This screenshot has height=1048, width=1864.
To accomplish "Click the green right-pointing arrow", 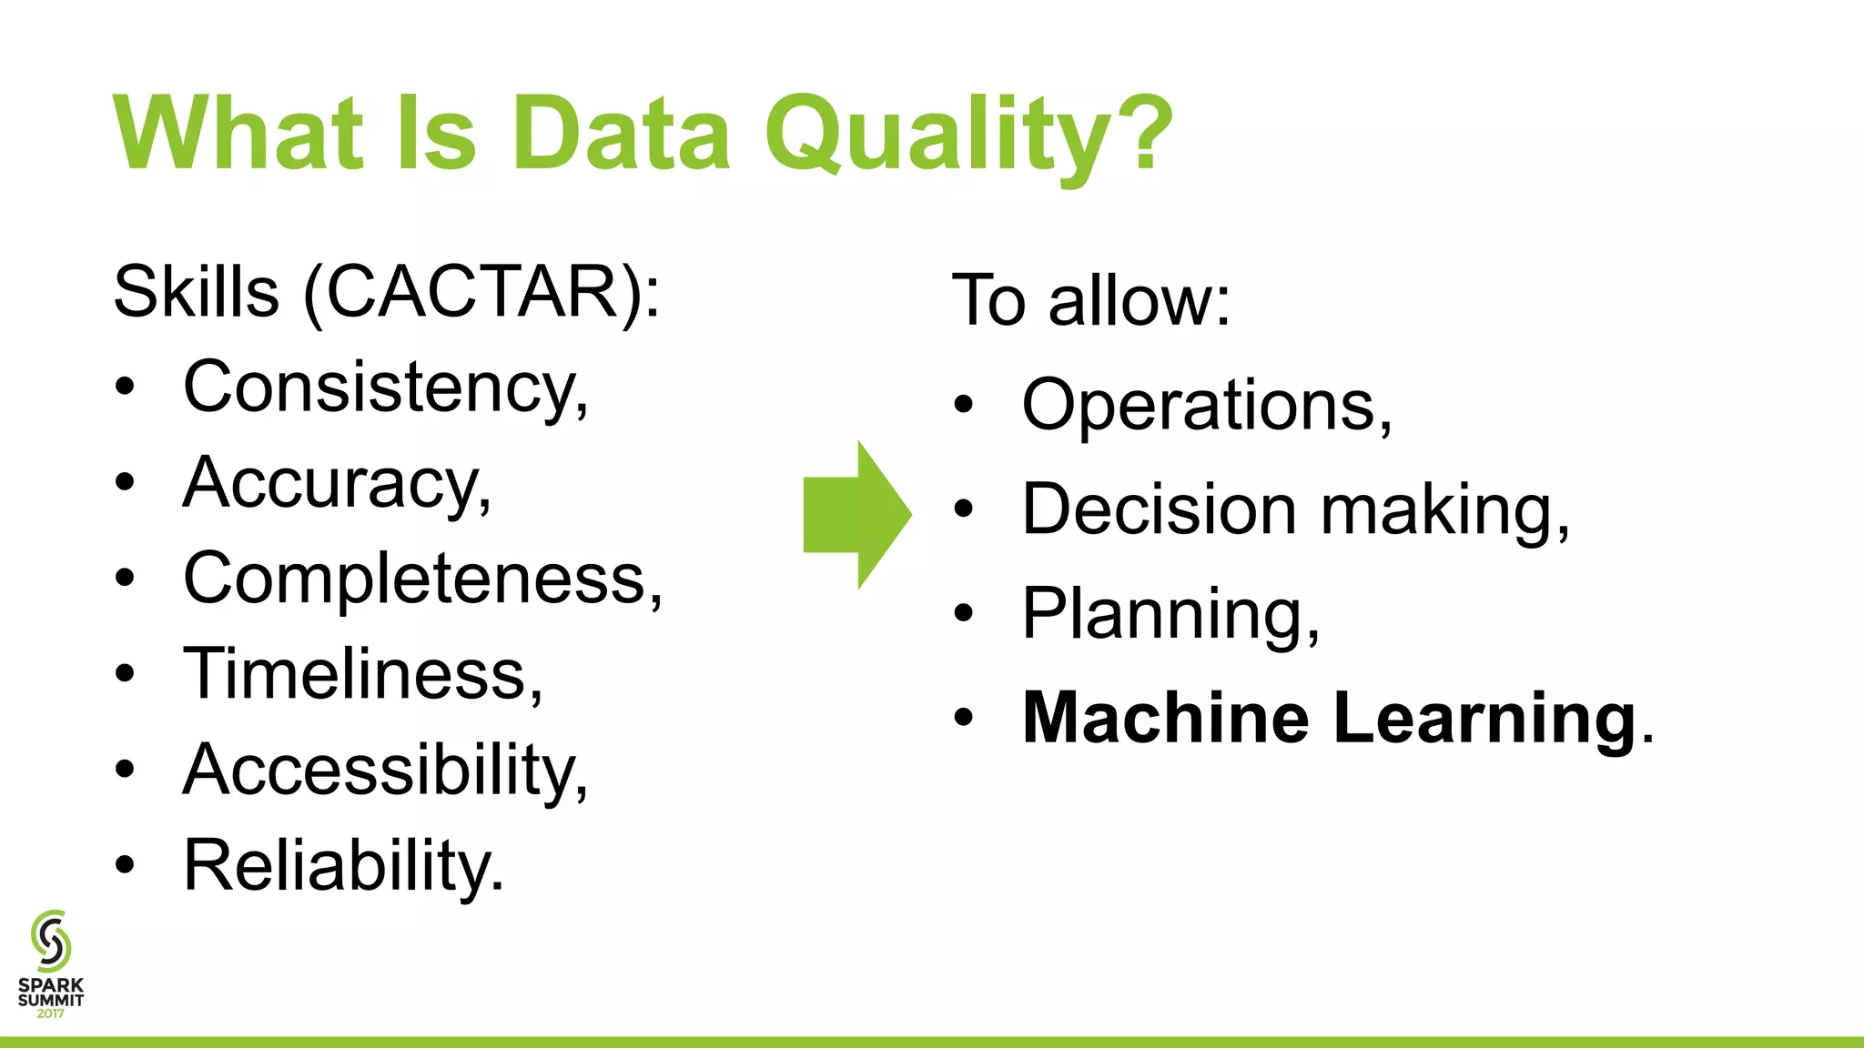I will pos(856,515).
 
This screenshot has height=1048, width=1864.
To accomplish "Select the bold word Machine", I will pos(1165,719).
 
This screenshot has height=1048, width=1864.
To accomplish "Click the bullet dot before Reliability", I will pos(125,865).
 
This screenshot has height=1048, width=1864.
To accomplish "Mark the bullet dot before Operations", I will pos(964,405).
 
